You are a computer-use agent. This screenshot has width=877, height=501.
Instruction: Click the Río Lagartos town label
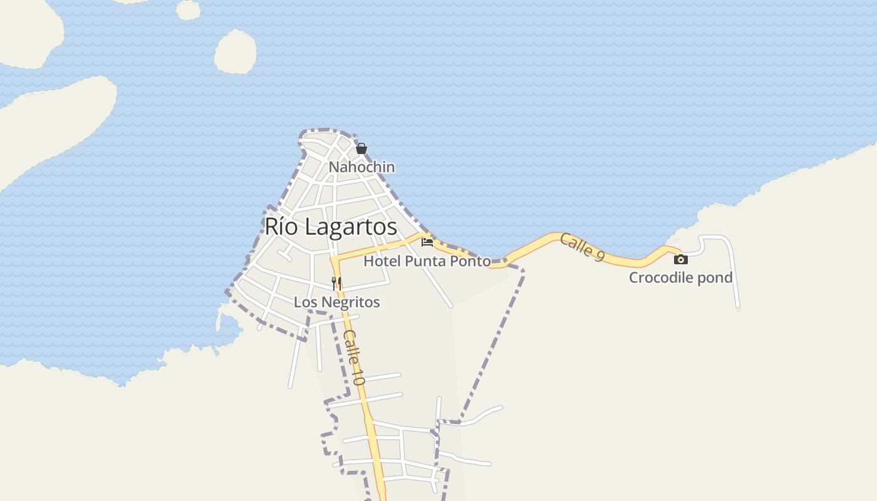coord(331,227)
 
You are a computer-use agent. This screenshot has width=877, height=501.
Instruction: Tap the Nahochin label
coord(361,167)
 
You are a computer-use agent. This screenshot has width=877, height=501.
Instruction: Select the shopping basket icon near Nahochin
coord(361,148)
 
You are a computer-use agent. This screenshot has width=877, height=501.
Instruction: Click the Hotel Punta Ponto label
coord(427,261)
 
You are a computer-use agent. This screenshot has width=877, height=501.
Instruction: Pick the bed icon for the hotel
coord(427,242)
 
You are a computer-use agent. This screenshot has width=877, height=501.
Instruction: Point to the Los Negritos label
coord(337,302)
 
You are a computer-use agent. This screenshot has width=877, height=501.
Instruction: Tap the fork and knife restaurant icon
coord(336,283)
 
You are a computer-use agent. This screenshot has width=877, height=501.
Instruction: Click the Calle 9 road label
coord(582,247)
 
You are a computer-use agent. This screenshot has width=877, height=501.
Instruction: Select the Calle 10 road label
coord(353,357)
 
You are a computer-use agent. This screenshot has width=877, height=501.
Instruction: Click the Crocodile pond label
coord(681,277)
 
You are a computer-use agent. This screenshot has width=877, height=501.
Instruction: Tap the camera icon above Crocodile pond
coord(681,259)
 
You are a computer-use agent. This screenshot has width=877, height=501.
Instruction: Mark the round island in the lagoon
coord(236,52)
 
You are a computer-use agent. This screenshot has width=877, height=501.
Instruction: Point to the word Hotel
coord(381,261)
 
